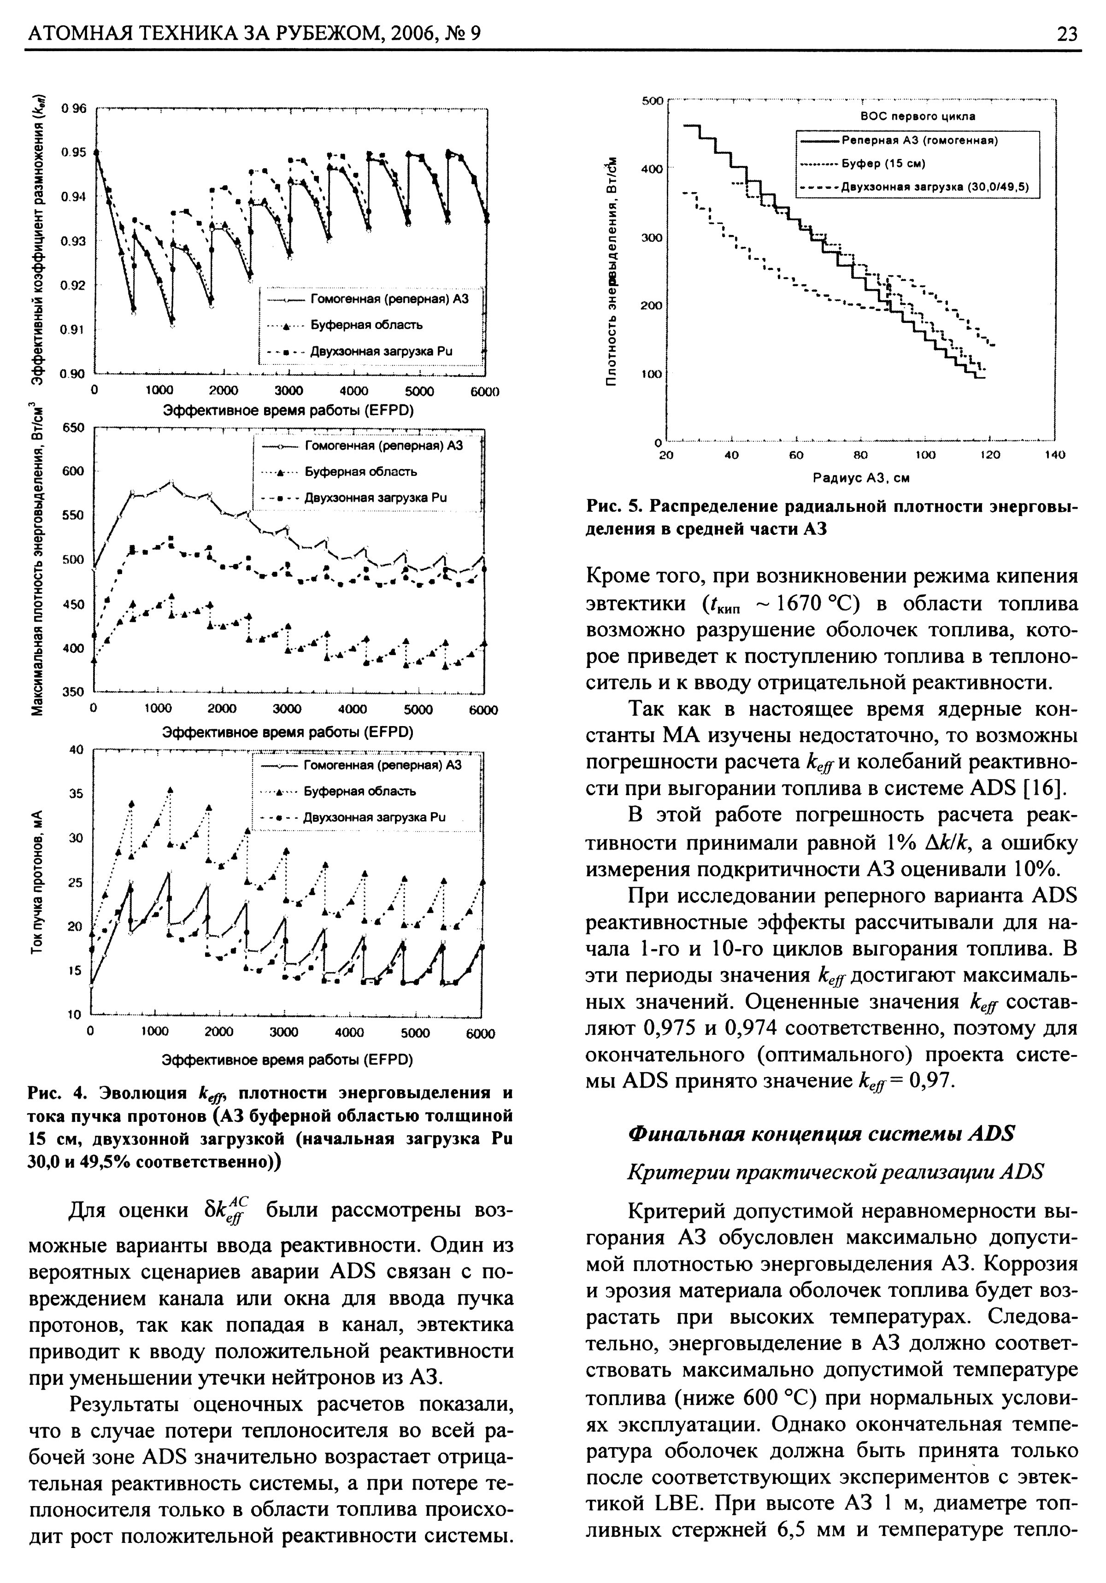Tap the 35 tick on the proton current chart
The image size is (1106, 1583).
(x=76, y=793)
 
